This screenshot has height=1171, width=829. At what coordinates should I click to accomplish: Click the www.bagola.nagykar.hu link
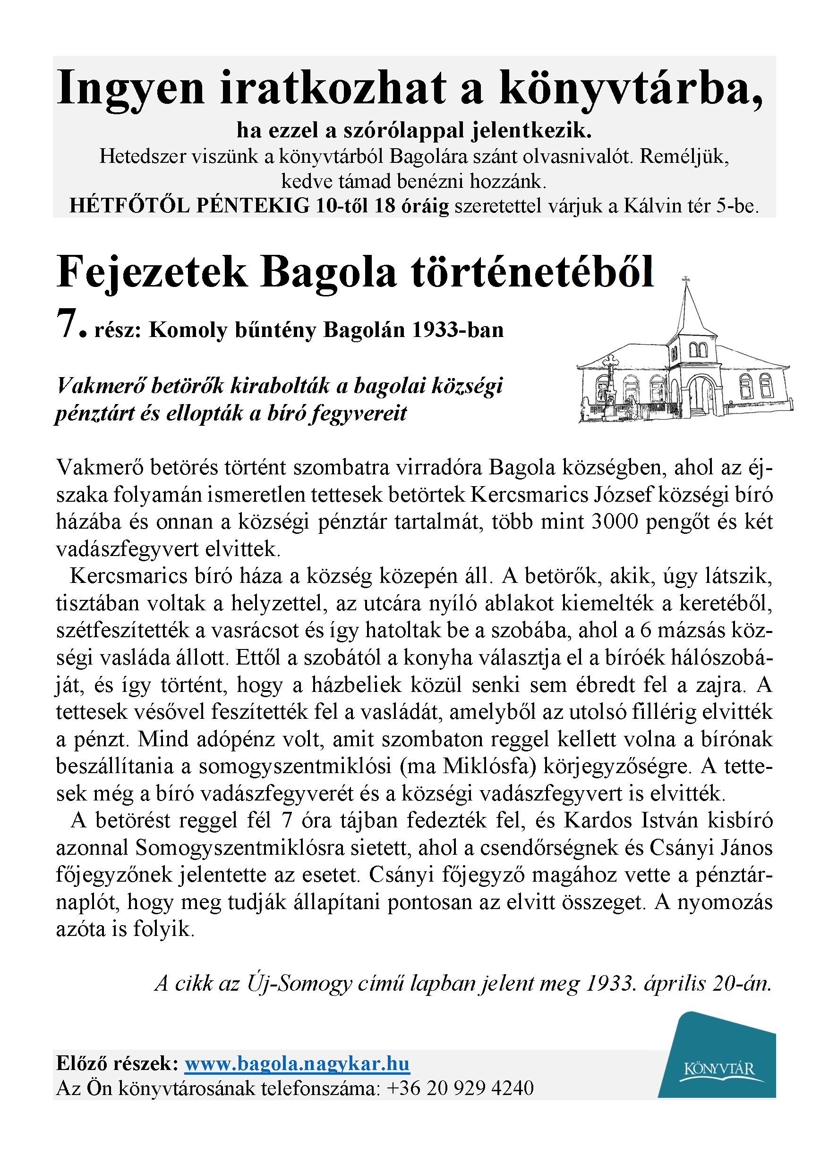(297, 1064)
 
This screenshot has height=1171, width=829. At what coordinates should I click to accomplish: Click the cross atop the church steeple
(686, 279)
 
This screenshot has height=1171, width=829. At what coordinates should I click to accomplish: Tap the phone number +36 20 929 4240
(460, 1088)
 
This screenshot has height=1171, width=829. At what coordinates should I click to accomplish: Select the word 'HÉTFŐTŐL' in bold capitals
(129, 205)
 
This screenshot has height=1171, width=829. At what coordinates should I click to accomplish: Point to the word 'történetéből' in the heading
(532, 272)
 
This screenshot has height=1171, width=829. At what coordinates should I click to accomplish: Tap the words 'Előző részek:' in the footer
(117, 1064)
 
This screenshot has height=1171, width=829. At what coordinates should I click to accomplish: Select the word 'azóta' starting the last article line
(81, 929)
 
